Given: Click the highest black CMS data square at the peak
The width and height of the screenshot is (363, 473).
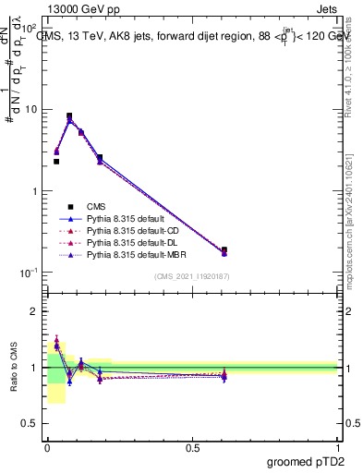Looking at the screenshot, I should pyautogui.click(x=69, y=116).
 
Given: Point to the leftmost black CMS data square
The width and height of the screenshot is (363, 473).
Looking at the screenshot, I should pyautogui.click(x=56, y=162).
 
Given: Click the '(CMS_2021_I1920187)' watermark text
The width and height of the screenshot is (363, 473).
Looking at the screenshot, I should pyautogui.click(x=191, y=276).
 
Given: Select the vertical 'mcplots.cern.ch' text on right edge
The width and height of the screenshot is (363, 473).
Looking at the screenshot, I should pyautogui.click(x=348, y=222).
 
